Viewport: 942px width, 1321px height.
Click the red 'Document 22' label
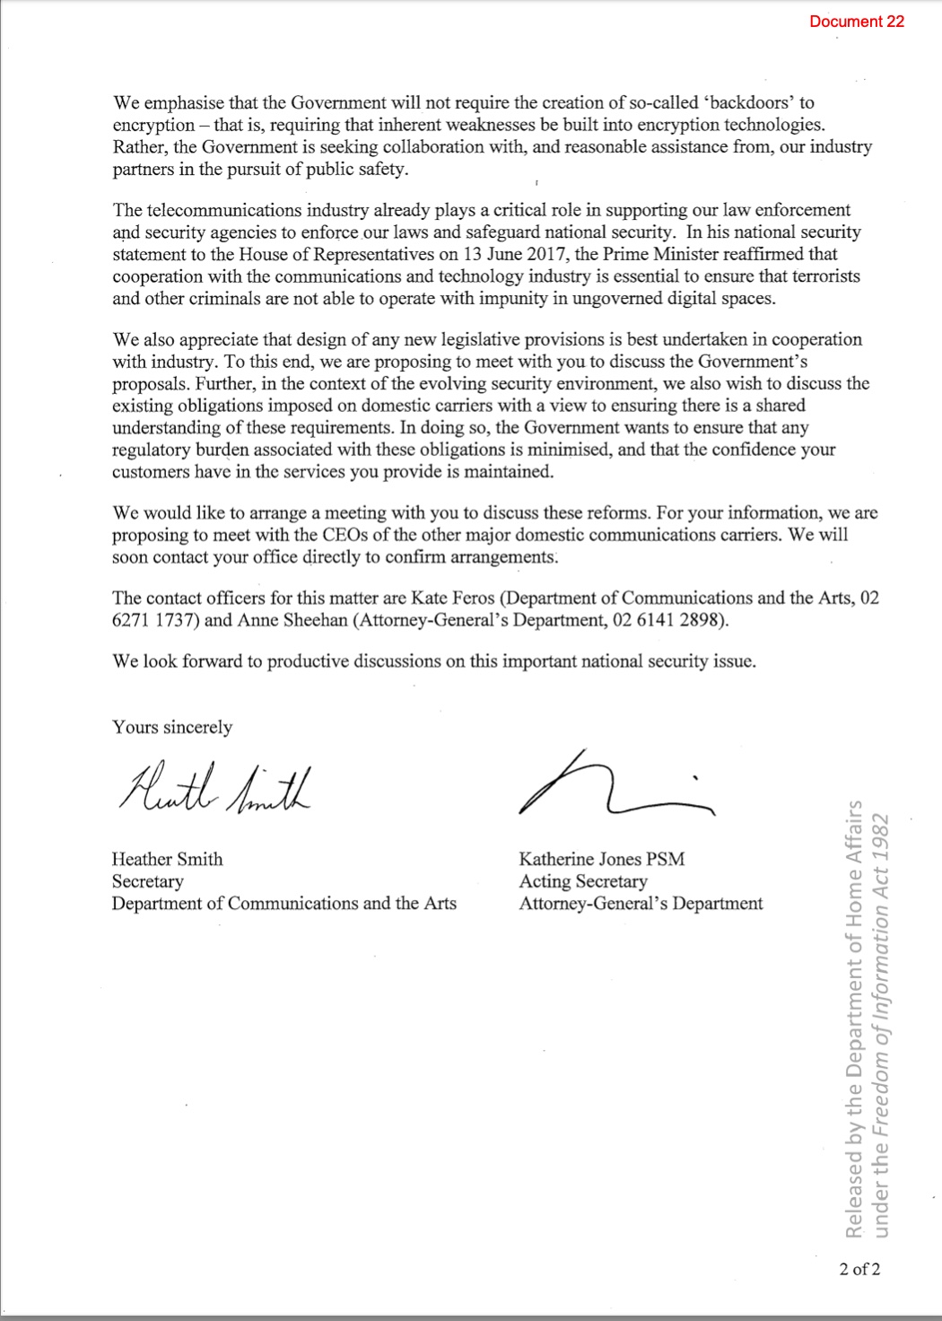(x=856, y=22)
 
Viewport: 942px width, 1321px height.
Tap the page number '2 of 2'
(x=859, y=1269)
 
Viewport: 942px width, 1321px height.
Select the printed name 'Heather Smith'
(x=167, y=859)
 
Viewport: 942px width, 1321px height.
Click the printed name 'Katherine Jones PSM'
(x=601, y=859)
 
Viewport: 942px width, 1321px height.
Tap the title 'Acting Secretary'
(x=582, y=881)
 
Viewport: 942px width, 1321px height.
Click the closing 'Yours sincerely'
(x=171, y=727)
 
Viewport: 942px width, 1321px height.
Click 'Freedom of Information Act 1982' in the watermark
(x=881, y=978)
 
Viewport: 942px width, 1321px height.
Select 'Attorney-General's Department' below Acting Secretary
(x=641, y=903)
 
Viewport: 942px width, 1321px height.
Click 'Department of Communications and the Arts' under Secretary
(x=283, y=903)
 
